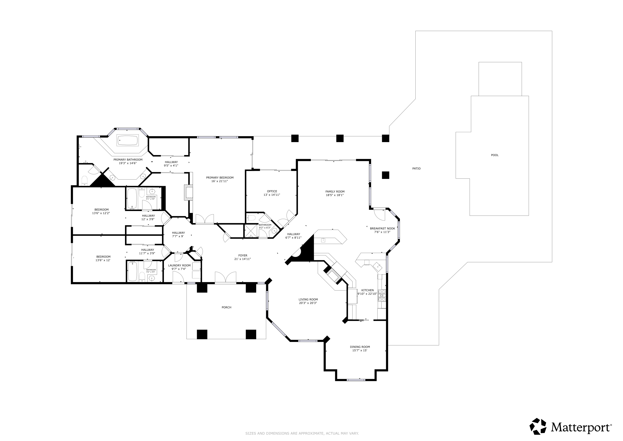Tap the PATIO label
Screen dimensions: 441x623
pyautogui.click(x=416, y=169)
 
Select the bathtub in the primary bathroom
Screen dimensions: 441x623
pyautogui.click(x=128, y=140)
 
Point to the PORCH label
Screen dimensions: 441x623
pyautogui.click(x=226, y=307)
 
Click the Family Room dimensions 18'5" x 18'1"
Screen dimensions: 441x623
pyautogui.click(x=335, y=195)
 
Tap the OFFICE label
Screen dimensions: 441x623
pyautogui.click(x=272, y=191)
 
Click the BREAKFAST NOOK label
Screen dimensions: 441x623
pyautogui.click(x=382, y=228)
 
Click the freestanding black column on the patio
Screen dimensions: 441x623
pyautogui.click(x=385, y=175)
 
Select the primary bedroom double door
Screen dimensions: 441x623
pyautogui.click(x=205, y=219)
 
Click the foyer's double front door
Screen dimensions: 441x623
pyautogui.click(x=225, y=278)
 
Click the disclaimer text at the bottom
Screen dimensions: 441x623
pyautogui.click(x=302, y=433)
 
